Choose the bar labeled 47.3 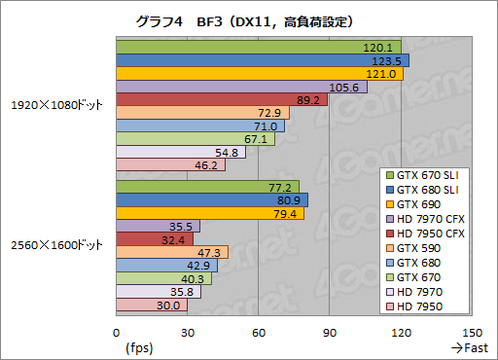(171, 252)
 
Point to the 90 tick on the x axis (330, 331)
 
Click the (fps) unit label (139, 346)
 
